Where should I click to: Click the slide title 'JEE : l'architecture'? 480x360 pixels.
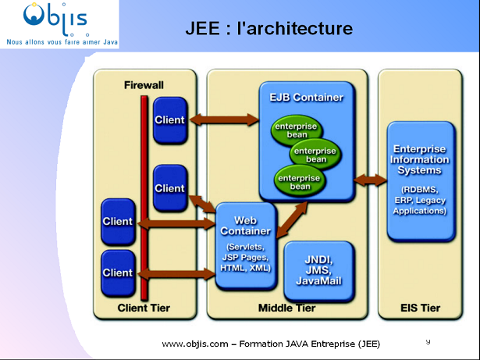point(268,29)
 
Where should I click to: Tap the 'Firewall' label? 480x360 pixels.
point(145,84)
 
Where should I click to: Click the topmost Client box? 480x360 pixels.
point(169,120)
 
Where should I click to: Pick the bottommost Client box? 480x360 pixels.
point(117,273)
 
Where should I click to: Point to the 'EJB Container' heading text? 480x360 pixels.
point(306,98)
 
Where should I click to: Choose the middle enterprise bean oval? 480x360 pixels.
point(315,155)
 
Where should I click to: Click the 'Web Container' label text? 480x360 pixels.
point(245,226)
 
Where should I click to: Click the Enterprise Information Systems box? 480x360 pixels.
point(420,180)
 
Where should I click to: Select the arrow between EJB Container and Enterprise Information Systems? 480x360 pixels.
point(370,180)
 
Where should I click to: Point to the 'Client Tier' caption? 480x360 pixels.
point(144,308)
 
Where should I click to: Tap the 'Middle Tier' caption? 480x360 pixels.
point(286,308)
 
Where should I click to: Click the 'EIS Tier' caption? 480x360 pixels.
point(420,308)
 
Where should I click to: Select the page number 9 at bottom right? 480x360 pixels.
point(428,341)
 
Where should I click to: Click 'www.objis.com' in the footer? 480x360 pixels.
point(194,344)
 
